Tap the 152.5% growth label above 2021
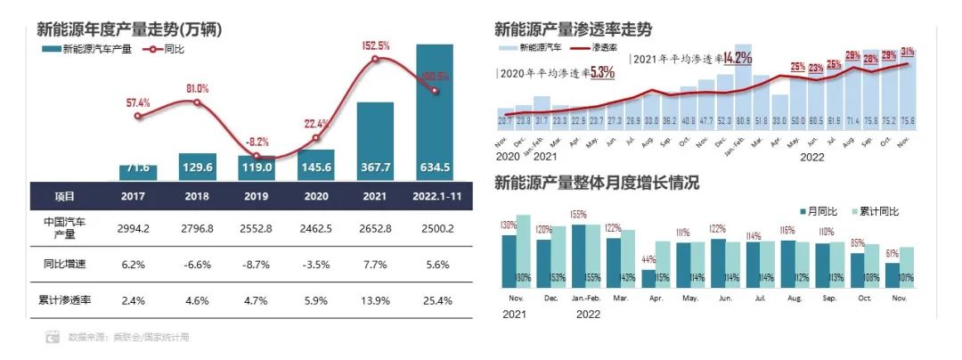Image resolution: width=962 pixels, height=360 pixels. point(375,45)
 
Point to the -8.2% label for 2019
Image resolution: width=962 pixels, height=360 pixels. point(257,142)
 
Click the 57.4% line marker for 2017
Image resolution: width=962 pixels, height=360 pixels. point(137,116)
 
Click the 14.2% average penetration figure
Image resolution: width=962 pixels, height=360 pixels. point(738,58)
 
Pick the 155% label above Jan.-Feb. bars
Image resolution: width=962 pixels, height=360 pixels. point(579,215)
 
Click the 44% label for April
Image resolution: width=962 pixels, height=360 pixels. point(648,259)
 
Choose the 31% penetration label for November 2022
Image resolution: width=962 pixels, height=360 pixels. point(908,52)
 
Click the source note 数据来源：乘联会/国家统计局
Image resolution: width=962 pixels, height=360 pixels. point(128,338)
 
